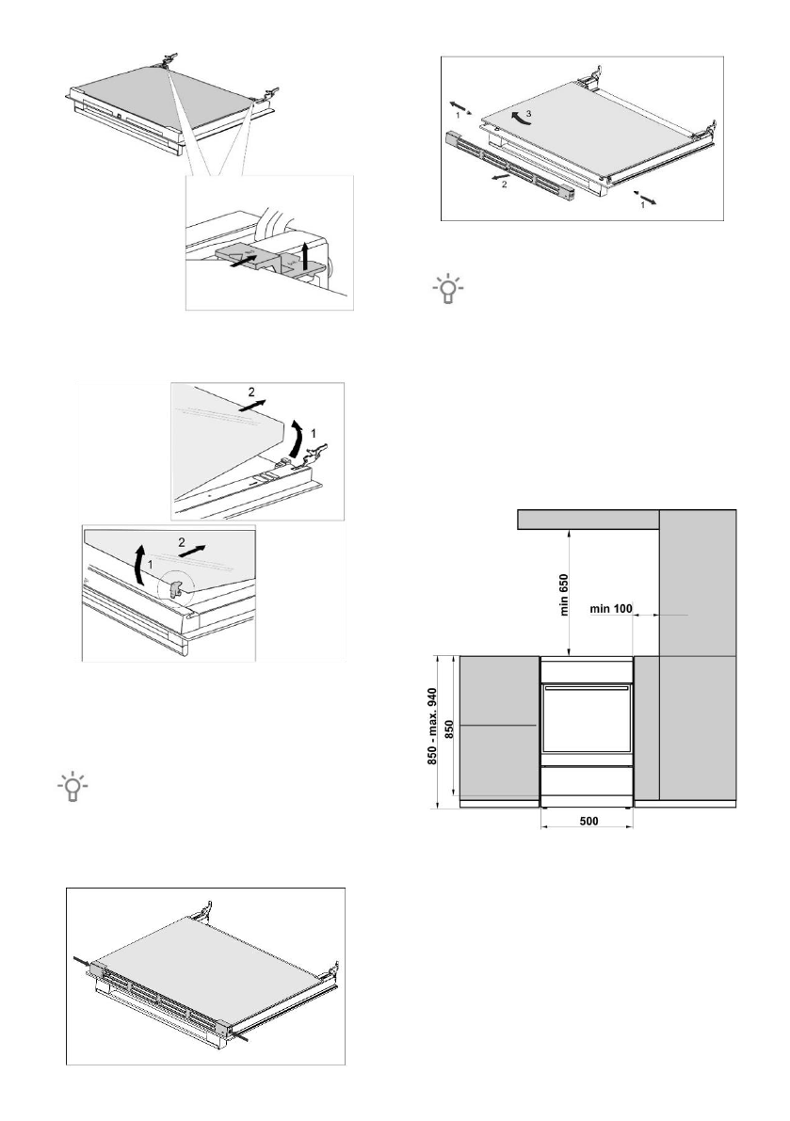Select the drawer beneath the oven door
point(585,782)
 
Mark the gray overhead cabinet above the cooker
point(588,519)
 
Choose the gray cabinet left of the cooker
point(497,727)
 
